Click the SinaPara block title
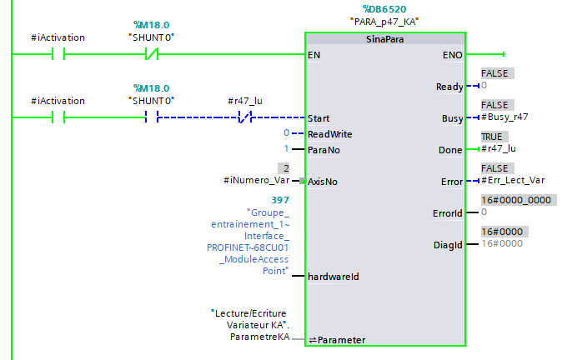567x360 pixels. [x=384, y=40]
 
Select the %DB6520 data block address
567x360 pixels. [x=384, y=9]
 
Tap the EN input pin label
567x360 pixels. [x=314, y=55]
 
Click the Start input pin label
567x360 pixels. [x=319, y=118]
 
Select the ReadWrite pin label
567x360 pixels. [x=329, y=133]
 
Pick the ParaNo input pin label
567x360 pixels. [x=324, y=150]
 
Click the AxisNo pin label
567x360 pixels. [x=324, y=181]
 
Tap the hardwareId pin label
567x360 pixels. [x=333, y=276]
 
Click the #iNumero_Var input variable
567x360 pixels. [x=255, y=181]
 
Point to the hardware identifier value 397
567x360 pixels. [x=280, y=201]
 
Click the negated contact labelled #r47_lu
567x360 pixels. [x=243, y=117]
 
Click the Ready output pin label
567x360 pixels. [x=449, y=87]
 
